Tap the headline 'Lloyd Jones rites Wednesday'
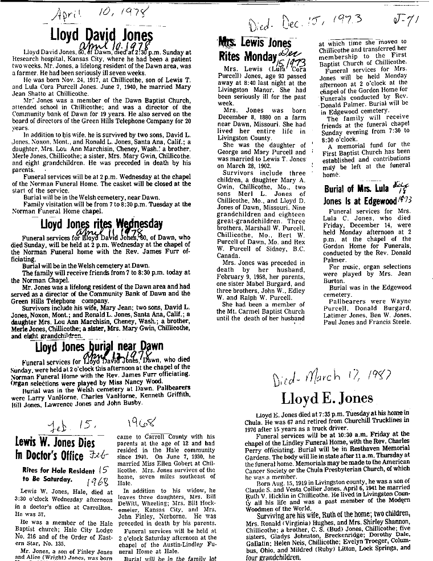pos(101,223)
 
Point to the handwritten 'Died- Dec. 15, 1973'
pos(311,24)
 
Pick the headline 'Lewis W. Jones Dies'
pos(59,457)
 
